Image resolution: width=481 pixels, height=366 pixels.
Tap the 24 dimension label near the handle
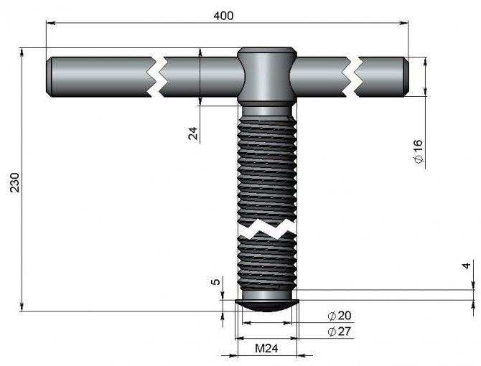point(193,132)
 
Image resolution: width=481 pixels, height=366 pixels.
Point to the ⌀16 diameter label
point(419,151)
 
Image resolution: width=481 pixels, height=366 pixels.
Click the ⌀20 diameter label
point(340,316)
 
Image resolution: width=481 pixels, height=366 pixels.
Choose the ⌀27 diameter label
point(340,332)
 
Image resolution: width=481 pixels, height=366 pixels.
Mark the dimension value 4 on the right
point(467,266)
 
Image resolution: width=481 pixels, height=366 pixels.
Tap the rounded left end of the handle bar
point(50,75)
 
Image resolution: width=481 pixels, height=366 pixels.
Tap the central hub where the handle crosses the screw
point(266,75)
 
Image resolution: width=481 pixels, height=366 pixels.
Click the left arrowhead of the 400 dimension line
point(51,23)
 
